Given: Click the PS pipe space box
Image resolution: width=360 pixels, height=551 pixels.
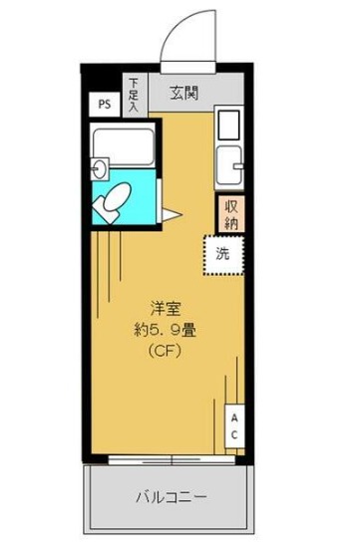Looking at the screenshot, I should point(103,103).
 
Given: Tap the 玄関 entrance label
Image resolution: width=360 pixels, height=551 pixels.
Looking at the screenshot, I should point(183,95).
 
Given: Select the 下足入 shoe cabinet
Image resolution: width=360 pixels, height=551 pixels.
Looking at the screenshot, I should point(134,95).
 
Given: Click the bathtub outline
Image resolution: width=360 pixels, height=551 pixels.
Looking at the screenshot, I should point(123,145).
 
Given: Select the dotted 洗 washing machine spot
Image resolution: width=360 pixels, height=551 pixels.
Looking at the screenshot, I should point(223,253).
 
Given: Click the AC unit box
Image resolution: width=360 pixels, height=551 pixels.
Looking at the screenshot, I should point(234,426).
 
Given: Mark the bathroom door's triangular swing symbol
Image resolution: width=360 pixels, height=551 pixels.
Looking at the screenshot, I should point(170,213).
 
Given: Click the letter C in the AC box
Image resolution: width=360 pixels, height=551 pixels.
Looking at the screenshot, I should point(234,435).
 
